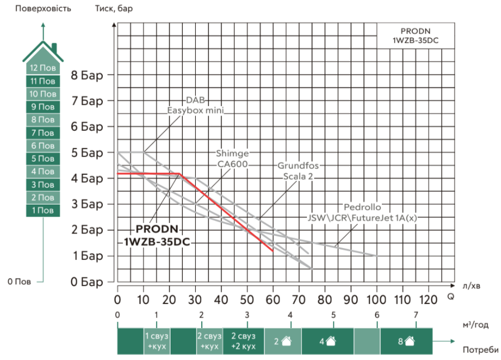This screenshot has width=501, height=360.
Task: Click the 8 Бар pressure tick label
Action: [88, 75]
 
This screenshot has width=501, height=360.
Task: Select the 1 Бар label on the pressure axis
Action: [88, 255]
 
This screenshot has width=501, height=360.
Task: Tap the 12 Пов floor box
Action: [42, 68]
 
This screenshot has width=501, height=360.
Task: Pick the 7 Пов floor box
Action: [42, 133]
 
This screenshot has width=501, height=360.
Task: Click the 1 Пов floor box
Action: [42, 211]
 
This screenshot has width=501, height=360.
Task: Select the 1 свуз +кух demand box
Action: [157, 340]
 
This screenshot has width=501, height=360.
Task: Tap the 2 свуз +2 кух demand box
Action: [243, 340]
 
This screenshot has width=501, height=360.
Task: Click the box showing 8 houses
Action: [407, 340]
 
